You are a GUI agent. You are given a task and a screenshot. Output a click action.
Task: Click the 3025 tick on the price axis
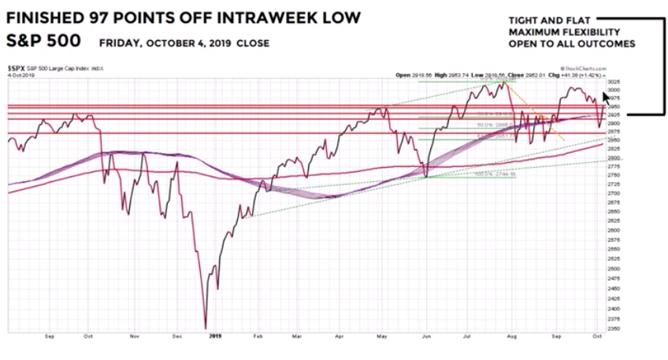tap(614, 82)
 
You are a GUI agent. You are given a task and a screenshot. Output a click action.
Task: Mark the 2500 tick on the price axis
tap(614, 267)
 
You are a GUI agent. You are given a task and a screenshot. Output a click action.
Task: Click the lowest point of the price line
tap(206, 327)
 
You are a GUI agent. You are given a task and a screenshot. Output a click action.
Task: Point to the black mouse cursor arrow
tap(606, 98)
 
